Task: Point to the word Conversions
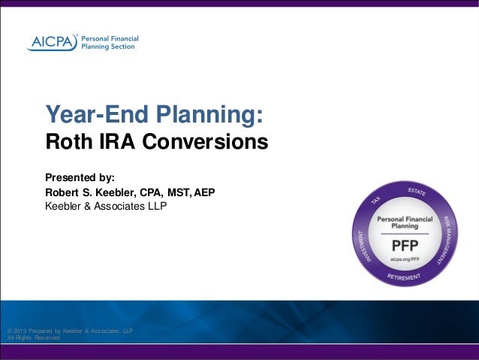(x=206, y=141)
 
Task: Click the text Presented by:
(x=80, y=178)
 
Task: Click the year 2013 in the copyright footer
(x=20, y=331)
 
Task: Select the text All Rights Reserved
(x=32, y=338)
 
